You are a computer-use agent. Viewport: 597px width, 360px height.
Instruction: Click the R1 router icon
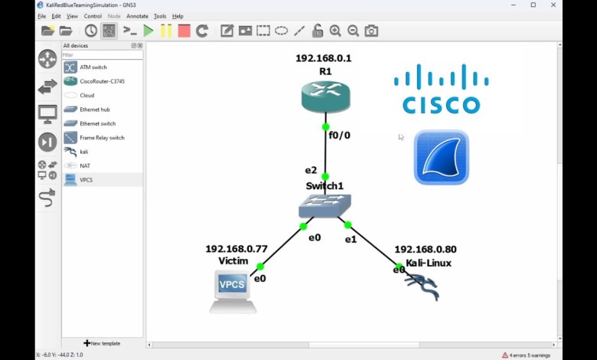(325, 97)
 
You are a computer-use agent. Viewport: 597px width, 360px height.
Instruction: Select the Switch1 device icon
(325, 205)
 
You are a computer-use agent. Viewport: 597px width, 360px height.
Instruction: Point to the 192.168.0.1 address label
(324, 58)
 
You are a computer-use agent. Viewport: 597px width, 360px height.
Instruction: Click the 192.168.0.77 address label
(237, 249)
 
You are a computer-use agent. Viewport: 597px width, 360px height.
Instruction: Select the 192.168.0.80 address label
(426, 249)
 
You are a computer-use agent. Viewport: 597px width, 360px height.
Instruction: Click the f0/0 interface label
(339, 136)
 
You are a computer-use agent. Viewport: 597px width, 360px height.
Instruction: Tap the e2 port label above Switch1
(311, 170)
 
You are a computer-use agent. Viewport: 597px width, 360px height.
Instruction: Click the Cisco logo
(442, 90)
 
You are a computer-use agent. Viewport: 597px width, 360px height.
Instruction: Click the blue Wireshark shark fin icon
(442, 158)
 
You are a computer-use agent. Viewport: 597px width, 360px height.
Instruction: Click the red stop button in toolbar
(184, 31)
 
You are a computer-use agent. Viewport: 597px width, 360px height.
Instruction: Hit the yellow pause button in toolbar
(166, 31)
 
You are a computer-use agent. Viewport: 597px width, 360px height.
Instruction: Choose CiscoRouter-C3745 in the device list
(102, 81)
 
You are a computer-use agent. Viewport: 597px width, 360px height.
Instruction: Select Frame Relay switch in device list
(102, 138)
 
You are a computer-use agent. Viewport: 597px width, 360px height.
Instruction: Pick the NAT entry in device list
(85, 165)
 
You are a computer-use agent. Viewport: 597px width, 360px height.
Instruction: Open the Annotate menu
(137, 16)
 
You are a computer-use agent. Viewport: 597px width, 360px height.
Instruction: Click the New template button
(102, 343)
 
